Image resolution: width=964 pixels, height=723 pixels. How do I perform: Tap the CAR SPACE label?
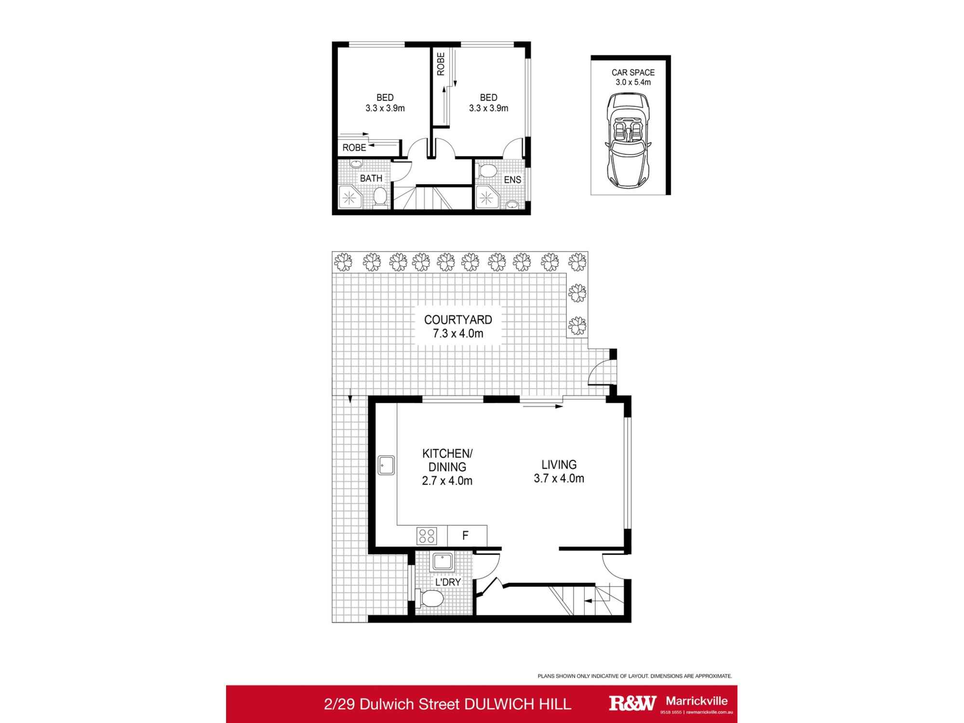633,73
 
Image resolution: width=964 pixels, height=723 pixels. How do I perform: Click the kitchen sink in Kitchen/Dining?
386,466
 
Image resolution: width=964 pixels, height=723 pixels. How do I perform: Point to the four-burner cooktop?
427,536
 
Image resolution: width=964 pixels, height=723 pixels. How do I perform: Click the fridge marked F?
466,536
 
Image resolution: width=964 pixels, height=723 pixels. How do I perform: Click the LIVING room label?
559,465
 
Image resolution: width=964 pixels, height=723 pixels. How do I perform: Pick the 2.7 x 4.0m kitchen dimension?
447,481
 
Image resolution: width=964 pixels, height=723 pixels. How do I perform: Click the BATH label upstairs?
371,178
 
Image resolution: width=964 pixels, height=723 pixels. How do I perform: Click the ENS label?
512,180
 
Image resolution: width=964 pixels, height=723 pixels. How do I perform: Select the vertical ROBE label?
441,64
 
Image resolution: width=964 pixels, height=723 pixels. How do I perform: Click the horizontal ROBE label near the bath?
354,148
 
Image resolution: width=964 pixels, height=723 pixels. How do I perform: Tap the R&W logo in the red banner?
632,703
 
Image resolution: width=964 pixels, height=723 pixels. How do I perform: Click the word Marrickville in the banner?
696,701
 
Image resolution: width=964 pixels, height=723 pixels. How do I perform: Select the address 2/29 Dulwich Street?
392,704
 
